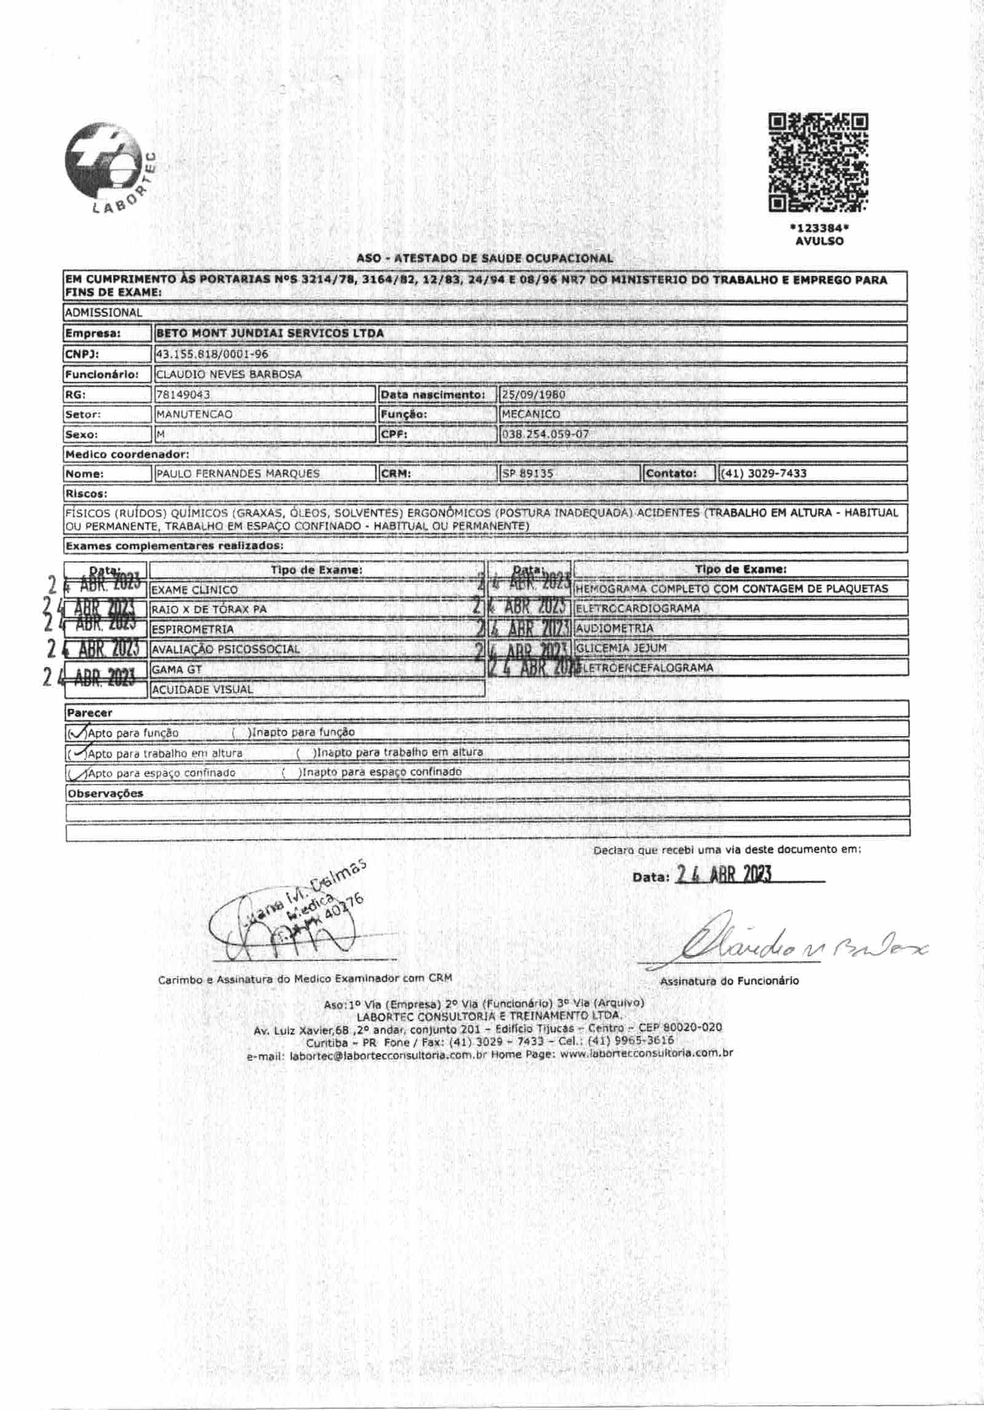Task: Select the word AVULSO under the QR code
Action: pyautogui.click(x=819, y=241)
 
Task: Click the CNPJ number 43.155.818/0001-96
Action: pyautogui.click(x=212, y=354)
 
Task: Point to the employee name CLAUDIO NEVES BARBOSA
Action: pyautogui.click(x=229, y=374)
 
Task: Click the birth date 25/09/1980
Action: pyautogui.click(x=534, y=394)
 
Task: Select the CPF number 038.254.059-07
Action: pyautogui.click(x=546, y=434)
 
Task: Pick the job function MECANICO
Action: pyautogui.click(x=531, y=414)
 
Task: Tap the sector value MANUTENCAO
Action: pyautogui.click(x=194, y=414)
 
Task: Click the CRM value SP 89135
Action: pyautogui.click(x=528, y=473)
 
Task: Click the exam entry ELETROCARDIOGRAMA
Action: pyautogui.click(x=638, y=608)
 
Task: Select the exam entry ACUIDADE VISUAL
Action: pyautogui.click(x=202, y=689)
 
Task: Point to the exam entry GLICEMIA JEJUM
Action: pyautogui.click(x=621, y=648)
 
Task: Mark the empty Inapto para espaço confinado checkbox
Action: pyautogui.click(x=290, y=772)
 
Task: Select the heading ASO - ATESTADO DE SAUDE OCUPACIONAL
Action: pyautogui.click(x=485, y=259)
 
